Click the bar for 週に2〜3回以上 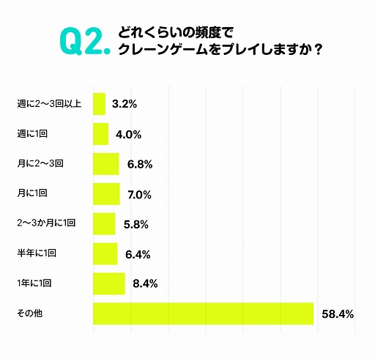(x=100, y=104)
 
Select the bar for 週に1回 (x=101, y=134)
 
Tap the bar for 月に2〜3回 (x=106, y=164)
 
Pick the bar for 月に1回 (x=106, y=194)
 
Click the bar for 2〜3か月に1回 (x=104, y=223)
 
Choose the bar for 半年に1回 (x=105, y=253)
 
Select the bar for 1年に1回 (x=109, y=283)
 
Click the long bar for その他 (x=203, y=313)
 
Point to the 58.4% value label (x=338, y=314)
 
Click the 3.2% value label (x=125, y=105)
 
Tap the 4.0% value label (x=128, y=135)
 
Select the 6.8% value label (x=139, y=165)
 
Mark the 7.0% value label (x=139, y=195)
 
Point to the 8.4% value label (x=145, y=284)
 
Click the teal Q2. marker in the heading (x=82, y=43)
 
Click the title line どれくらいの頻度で (x=169, y=33)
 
